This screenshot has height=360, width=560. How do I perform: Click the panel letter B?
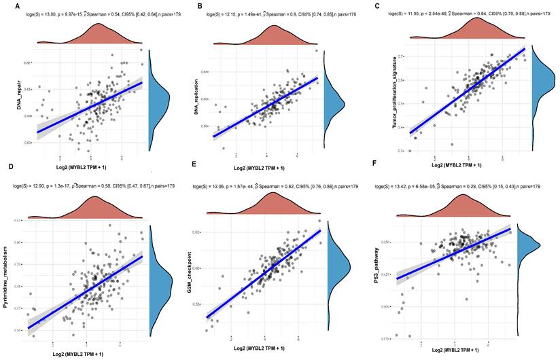(x=198, y=6)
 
